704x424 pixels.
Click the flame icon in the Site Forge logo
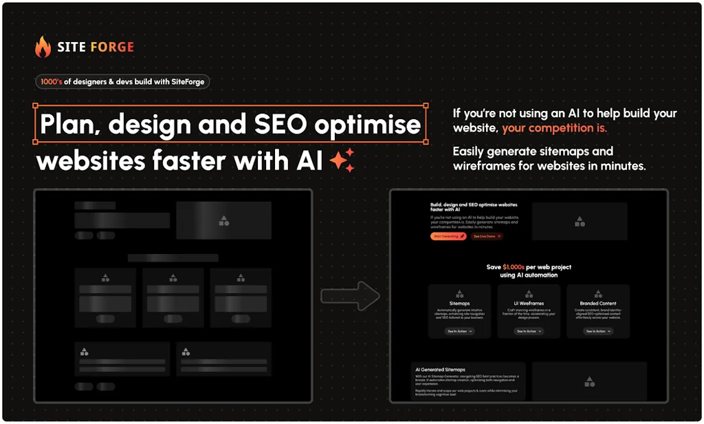pyautogui.click(x=43, y=47)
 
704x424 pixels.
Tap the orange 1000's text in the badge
pyautogui.click(x=52, y=81)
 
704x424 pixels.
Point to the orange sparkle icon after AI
pyautogui.click(x=342, y=160)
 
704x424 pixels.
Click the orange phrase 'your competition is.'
pyautogui.click(x=554, y=128)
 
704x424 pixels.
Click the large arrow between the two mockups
pyautogui.click(x=351, y=296)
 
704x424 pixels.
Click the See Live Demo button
pyautogui.click(x=487, y=236)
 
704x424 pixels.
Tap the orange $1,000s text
pyautogui.click(x=514, y=267)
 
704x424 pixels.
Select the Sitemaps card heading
pyautogui.click(x=459, y=303)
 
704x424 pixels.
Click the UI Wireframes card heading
pyautogui.click(x=529, y=303)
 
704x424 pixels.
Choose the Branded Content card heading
pyautogui.click(x=597, y=303)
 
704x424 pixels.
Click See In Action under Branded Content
pyautogui.click(x=598, y=331)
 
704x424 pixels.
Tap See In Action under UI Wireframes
pyautogui.click(x=529, y=331)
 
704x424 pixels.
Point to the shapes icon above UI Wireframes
pyautogui.click(x=529, y=293)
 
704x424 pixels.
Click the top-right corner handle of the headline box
pyautogui.click(x=426, y=106)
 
